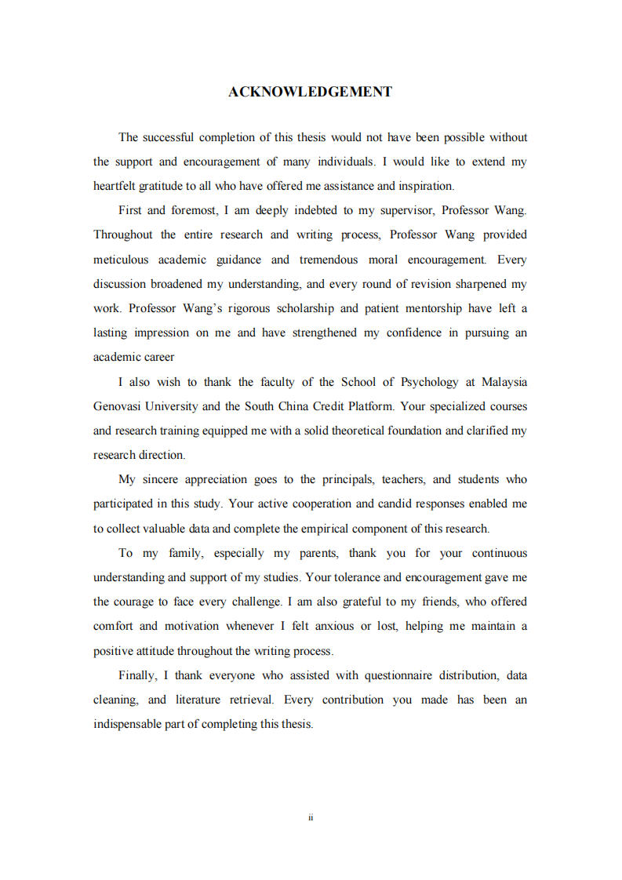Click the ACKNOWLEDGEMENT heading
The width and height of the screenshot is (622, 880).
pyautogui.click(x=310, y=92)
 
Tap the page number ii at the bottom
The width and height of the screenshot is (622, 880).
pyautogui.click(x=311, y=817)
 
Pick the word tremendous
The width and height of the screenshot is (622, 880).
pyautogui.click(x=328, y=260)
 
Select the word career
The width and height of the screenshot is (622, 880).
pyautogui.click(x=144, y=357)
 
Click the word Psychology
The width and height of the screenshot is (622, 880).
pyautogui.click(x=430, y=382)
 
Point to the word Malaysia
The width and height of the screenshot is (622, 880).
pyautogui.click(x=504, y=382)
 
